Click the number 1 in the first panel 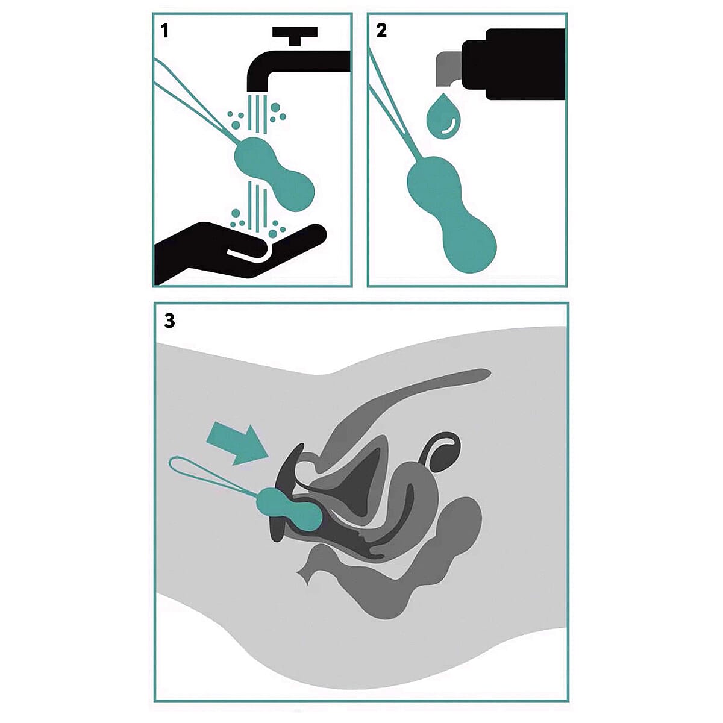[164, 31]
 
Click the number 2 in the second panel [381, 31]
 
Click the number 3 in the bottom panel [169, 321]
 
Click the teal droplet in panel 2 [443, 116]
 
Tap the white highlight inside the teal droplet [449, 127]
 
